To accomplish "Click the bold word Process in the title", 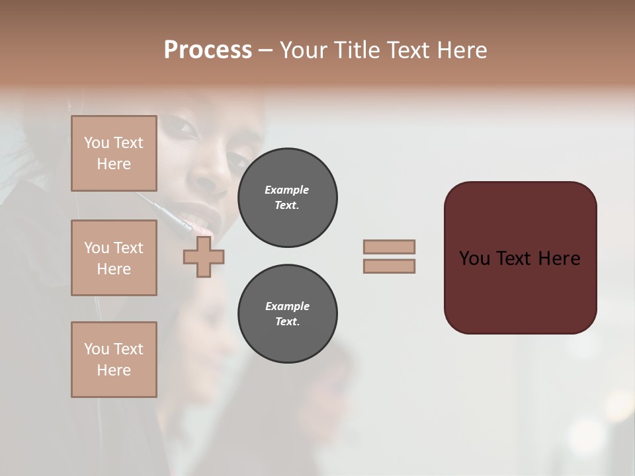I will pyautogui.click(x=208, y=50).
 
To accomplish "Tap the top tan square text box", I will pyautogui.click(x=114, y=153).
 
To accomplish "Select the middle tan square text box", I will pyautogui.click(x=114, y=258).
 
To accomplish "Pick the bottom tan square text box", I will pyautogui.click(x=114, y=360).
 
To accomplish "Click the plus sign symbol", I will pyautogui.click(x=204, y=257).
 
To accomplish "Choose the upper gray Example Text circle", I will pyautogui.click(x=287, y=198).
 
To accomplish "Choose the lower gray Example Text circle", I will pyautogui.click(x=287, y=314).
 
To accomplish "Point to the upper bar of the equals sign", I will pyautogui.click(x=389, y=247).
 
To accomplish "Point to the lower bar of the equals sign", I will pyautogui.click(x=389, y=266).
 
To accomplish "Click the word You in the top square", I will pyautogui.click(x=97, y=143).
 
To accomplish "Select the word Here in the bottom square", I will pyautogui.click(x=114, y=370).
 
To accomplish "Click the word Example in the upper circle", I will pyautogui.click(x=287, y=190).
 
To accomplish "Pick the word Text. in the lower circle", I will pyautogui.click(x=287, y=322).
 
